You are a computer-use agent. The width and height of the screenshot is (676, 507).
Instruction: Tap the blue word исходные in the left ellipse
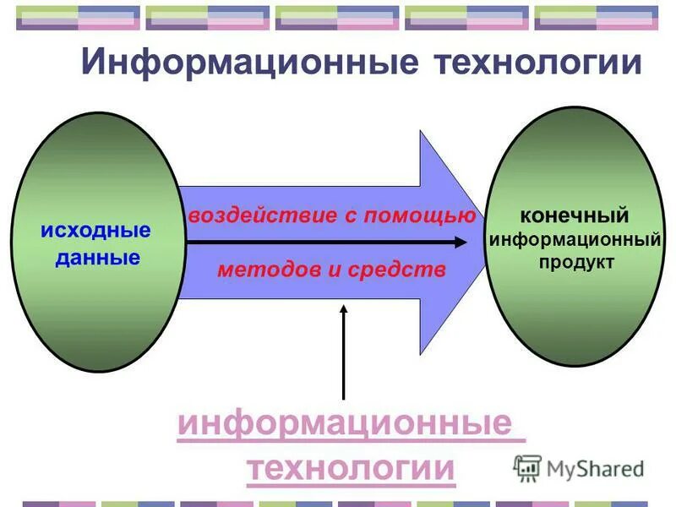pyautogui.click(x=95, y=230)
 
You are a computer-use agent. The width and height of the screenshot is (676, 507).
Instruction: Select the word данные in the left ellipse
pyautogui.click(x=97, y=258)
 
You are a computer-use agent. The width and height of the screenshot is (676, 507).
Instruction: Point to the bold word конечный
pyautogui.click(x=574, y=216)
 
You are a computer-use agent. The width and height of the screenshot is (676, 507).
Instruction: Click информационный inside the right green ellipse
pyautogui.click(x=575, y=240)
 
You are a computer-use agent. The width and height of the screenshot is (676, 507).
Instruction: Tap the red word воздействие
pyautogui.click(x=261, y=215)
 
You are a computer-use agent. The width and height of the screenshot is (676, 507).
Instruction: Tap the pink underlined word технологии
pyautogui.click(x=351, y=468)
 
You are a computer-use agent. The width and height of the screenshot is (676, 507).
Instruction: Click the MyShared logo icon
pyautogui.click(x=527, y=467)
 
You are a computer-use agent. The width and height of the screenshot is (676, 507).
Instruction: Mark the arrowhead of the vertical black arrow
pyautogui.click(x=343, y=310)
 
